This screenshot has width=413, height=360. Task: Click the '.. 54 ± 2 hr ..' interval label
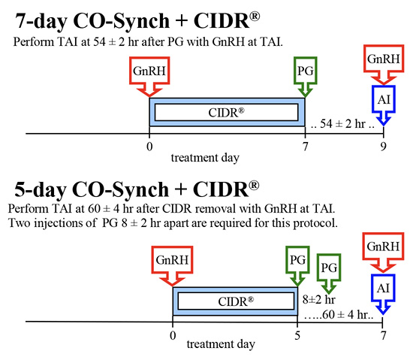pyautogui.click(x=344, y=121)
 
